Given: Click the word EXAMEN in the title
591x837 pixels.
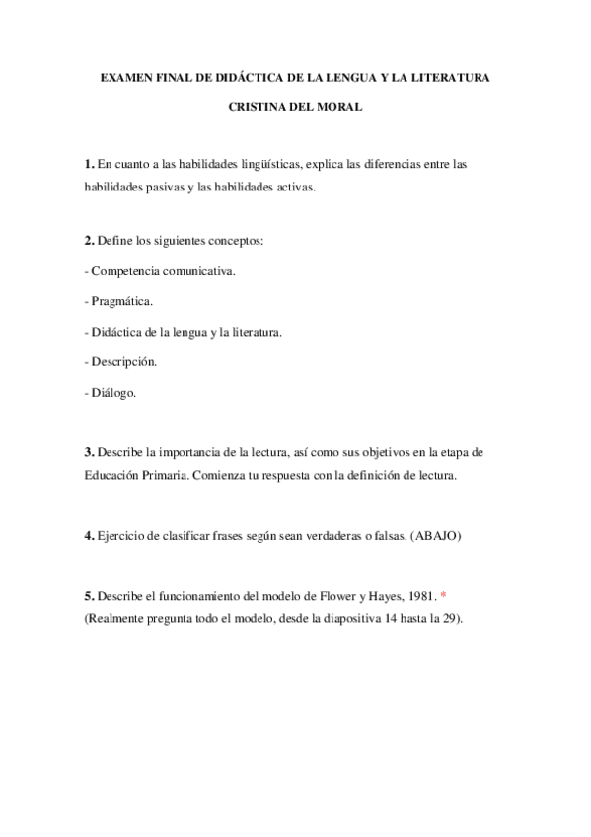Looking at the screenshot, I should tap(125, 75).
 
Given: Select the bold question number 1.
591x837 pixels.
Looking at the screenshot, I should tap(90, 164).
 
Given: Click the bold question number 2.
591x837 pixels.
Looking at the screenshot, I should tap(90, 241).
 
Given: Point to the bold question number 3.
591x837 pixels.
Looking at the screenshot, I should tap(90, 452).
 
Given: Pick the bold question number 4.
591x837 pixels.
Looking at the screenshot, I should tap(90, 536).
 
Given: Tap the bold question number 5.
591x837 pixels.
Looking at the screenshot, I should tap(90, 598).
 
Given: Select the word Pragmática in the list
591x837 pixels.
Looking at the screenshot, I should tap(122, 301).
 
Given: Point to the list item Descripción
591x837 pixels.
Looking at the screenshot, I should tap(124, 361).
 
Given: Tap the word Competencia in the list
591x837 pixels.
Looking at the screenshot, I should tap(123, 270).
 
